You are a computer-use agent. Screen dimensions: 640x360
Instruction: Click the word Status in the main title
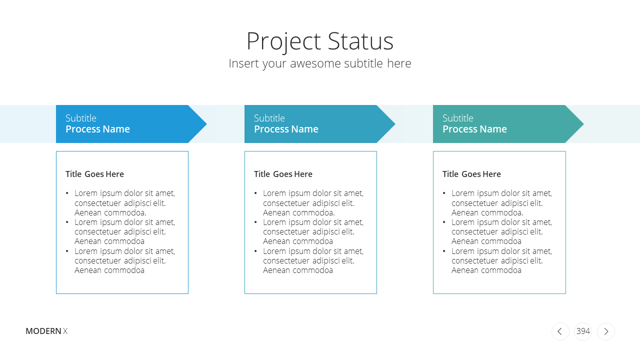click(360, 41)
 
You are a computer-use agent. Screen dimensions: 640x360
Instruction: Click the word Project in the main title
click(283, 42)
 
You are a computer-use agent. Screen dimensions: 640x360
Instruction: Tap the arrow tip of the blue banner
click(206, 124)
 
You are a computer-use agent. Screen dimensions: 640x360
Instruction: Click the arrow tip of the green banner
click(583, 124)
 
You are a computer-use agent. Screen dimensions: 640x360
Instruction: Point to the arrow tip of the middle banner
click(395, 124)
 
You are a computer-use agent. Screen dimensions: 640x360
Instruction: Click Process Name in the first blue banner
click(97, 129)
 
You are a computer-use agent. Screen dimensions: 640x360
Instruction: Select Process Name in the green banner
click(474, 129)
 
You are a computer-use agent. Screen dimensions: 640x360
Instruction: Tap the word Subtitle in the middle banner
click(269, 118)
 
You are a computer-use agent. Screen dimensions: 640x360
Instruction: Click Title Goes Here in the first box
click(94, 174)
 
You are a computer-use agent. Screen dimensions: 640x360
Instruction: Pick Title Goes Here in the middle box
click(283, 174)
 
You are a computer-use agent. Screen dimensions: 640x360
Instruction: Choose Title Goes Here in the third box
click(471, 174)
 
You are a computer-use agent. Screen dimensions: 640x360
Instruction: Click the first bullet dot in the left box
click(67, 193)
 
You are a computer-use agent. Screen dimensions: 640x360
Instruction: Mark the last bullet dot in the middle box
click(255, 251)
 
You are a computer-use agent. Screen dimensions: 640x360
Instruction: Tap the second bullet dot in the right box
click(444, 222)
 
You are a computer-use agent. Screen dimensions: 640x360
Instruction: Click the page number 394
click(583, 331)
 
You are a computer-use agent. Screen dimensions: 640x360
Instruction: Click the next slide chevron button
click(606, 331)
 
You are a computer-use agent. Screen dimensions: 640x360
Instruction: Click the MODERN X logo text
click(46, 331)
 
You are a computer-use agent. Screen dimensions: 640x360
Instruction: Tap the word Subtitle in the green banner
click(458, 118)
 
